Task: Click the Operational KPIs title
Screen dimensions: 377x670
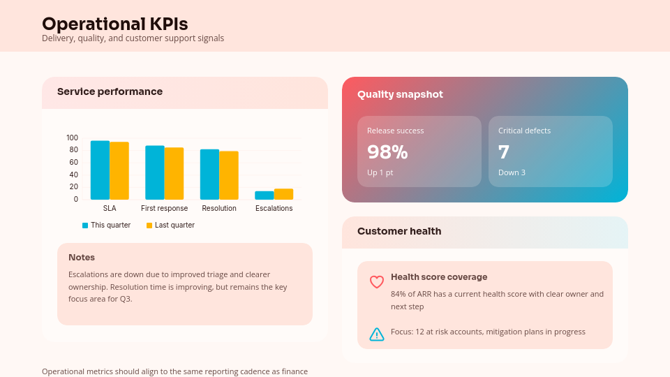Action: (114, 24)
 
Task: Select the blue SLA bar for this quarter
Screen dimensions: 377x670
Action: (100, 170)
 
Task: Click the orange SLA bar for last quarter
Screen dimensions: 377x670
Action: (119, 171)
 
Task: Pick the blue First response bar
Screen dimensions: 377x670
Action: (154, 172)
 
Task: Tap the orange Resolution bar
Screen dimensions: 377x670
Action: (229, 175)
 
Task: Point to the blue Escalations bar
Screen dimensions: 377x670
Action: (264, 195)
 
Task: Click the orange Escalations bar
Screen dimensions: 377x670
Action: (283, 194)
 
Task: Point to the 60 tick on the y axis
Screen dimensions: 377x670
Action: (73, 162)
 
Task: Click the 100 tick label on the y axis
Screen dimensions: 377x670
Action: (73, 138)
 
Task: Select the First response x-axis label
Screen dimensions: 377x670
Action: (164, 208)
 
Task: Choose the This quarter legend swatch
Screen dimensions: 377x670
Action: (85, 226)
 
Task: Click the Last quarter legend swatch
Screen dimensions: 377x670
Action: (149, 226)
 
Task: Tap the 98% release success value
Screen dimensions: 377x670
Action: (387, 151)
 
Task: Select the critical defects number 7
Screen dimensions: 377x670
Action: (504, 151)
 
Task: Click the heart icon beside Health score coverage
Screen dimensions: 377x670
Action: (377, 282)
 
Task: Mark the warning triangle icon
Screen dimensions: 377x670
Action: (377, 334)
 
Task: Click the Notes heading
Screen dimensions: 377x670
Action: (82, 258)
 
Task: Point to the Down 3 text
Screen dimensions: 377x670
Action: (512, 172)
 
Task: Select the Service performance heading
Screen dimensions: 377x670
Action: (110, 91)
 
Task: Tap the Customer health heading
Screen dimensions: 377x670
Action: (399, 231)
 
